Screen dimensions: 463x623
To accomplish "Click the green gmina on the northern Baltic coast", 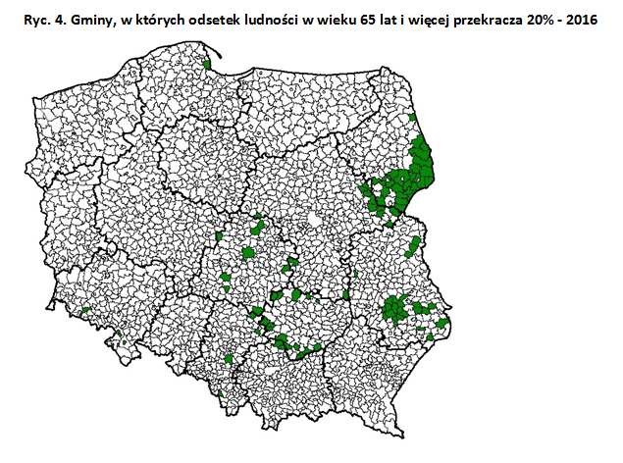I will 207,66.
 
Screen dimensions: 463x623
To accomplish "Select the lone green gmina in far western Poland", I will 86,311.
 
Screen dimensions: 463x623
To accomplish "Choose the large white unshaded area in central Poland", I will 313,220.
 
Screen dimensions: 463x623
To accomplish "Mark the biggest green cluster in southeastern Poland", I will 397,312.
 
